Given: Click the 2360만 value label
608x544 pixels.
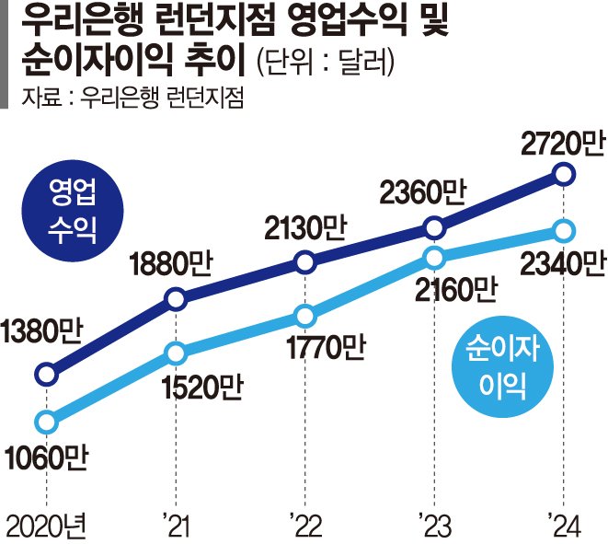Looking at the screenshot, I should [x=424, y=192].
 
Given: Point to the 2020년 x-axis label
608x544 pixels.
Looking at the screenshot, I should [x=44, y=527].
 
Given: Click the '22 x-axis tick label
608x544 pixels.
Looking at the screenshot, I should [x=304, y=527].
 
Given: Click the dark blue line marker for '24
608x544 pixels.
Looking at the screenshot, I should [x=566, y=173].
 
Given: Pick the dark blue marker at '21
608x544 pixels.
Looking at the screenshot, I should [x=175, y=297].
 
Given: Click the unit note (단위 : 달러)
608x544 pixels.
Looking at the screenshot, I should [x=327, y=64].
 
